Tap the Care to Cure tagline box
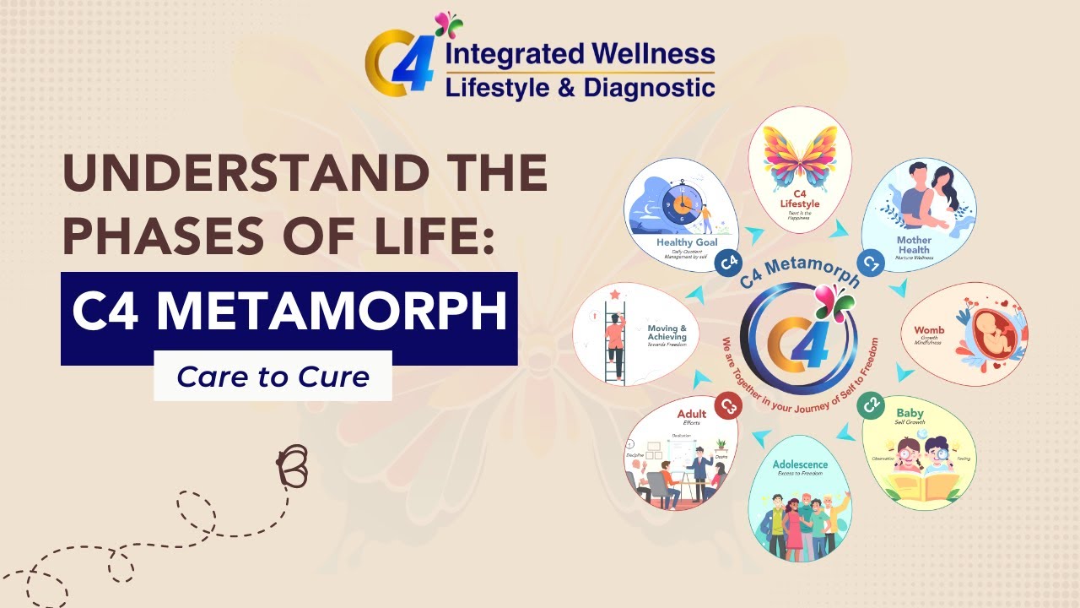(273, 376)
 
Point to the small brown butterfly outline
(290, 465)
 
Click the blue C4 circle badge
(727, 263)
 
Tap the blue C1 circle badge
(870, 263)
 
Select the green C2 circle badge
(870, 404)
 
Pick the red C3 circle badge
(728, 407)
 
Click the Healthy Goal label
(686, 243)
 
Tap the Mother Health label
(914, 245)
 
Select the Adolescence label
(800, 464)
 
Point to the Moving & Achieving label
(667, 331)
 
